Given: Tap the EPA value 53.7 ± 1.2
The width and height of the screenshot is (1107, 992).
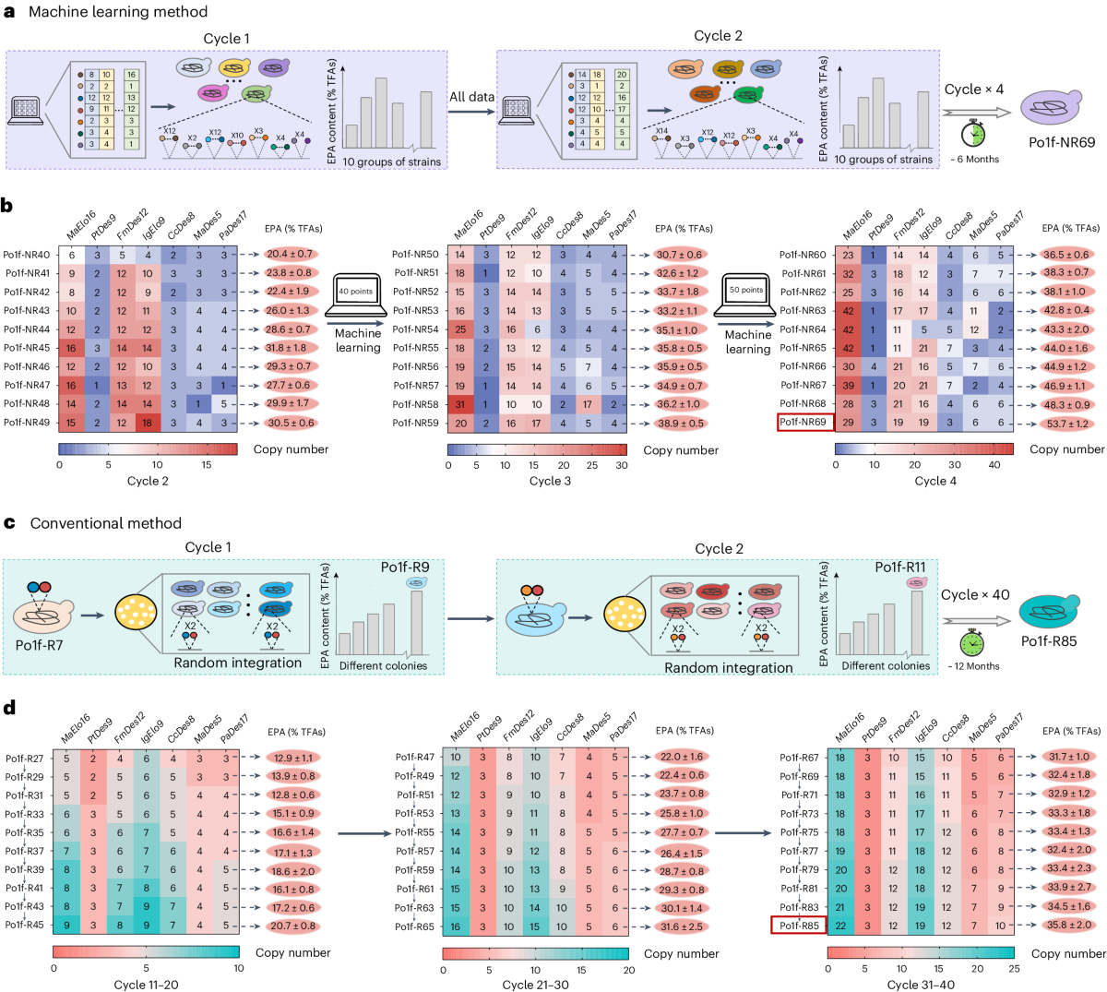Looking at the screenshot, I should pos(1066,424).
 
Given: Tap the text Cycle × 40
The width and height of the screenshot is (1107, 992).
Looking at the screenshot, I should pos(975,595).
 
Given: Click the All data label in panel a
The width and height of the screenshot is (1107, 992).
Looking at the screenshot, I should pos(471,97).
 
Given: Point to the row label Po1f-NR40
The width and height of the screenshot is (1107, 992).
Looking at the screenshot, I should pos(27,255).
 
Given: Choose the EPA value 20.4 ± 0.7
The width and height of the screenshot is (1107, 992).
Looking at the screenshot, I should pos(290,254).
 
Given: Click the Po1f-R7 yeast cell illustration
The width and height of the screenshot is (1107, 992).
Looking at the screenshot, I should pos(43,613).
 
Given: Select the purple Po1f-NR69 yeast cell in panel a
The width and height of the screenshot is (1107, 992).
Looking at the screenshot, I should pos(1059,108).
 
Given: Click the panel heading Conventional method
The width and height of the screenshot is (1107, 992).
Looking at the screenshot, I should pos(105,523).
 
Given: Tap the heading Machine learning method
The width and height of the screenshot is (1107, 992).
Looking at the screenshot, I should pos(118,12).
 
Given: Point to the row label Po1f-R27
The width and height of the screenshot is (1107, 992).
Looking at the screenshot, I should pos(24,759).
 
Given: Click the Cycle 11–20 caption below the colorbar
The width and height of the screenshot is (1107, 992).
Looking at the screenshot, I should pos(146,984).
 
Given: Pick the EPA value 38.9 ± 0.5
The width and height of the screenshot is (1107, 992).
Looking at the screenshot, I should pos(680,423).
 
